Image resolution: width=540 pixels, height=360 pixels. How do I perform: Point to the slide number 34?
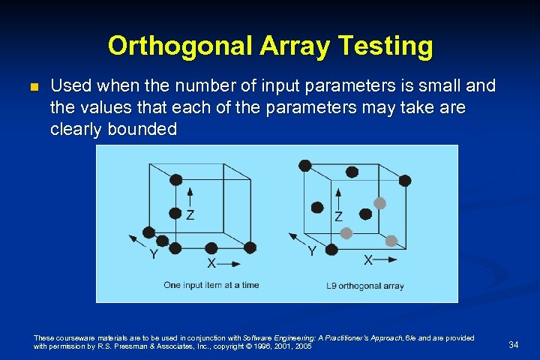(514, 345)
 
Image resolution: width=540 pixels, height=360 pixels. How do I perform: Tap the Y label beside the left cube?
(153, 254)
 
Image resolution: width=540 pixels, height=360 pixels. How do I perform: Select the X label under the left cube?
(211, 263)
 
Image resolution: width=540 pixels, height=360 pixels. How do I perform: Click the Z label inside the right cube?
(339, 217)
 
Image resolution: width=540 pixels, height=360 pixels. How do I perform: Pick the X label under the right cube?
(368, 260)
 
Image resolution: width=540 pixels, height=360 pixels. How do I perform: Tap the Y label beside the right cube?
(311, 251)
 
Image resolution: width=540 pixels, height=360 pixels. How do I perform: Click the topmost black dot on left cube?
(175, 179)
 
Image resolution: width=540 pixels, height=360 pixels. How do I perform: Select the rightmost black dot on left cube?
(250, 247)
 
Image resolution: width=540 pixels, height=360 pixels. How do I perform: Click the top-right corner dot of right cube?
(405, 180)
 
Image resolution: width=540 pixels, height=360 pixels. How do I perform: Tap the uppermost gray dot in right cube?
(380, 203)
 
